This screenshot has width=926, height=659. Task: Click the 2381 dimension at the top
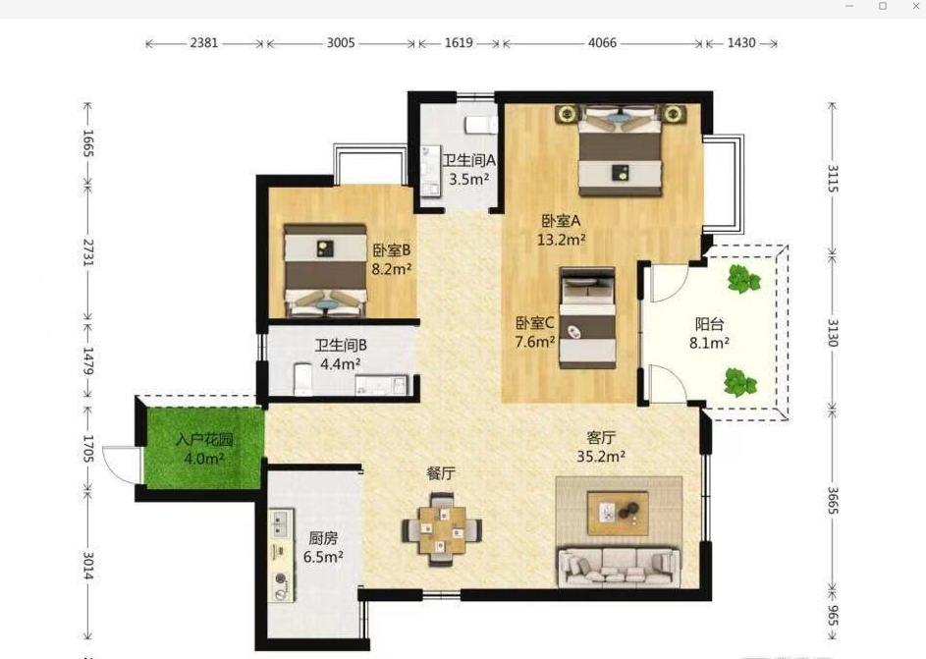click(x=203, y=43)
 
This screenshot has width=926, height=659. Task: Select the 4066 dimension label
click(x=602, y=43)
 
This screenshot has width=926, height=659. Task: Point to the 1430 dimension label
click(x=741, y=43)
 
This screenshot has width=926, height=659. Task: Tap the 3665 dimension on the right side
click(x=833, y=500)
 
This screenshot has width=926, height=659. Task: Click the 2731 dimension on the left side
click(x=87, y=252)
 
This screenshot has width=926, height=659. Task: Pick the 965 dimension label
click(x=833, y=616)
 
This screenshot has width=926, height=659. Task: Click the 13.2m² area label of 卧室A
click(x=561, y=240)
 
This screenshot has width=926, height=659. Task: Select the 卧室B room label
click(x=391, y=250)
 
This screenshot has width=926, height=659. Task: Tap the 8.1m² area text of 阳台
click(x=709, y=343)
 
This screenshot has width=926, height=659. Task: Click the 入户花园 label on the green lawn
click(x=204, y=439)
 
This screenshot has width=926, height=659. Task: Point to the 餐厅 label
click(x=441, y=473)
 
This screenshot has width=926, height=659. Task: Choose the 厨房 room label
click(x=324, y=538)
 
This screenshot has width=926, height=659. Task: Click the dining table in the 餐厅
click(x=442, y=529)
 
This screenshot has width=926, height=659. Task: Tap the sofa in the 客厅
click(x=619, y=568)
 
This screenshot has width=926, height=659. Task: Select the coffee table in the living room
click(x=618, y=513)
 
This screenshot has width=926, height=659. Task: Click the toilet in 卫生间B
click(x=303, y=379)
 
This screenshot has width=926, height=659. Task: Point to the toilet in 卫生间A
click(x=481, y=125)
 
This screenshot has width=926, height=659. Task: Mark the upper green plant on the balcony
click(x=743, y=279)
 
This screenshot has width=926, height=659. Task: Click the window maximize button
click(x=883, y=6)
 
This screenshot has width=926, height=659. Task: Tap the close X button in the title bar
click(x=916, y=6)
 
